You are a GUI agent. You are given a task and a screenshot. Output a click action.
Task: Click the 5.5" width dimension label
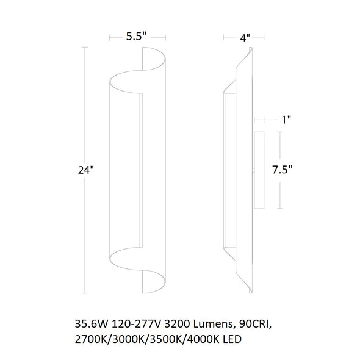(137, 36)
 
